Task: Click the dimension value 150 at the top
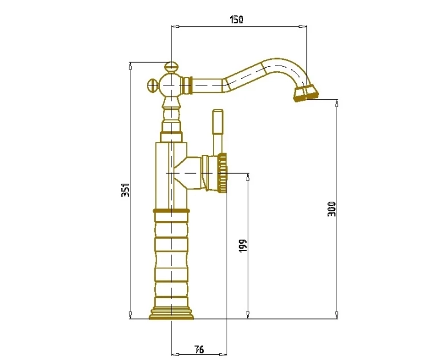click(x=237, y=20)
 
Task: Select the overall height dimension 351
click(x=126, y=190)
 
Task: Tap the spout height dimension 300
click(x=331, y=209)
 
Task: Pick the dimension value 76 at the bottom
click(x=199, y=349)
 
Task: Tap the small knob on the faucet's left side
click(x=153, y=85)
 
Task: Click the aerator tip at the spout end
click(x=306, y=93)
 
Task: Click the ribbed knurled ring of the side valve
click(x=222, y=173)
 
